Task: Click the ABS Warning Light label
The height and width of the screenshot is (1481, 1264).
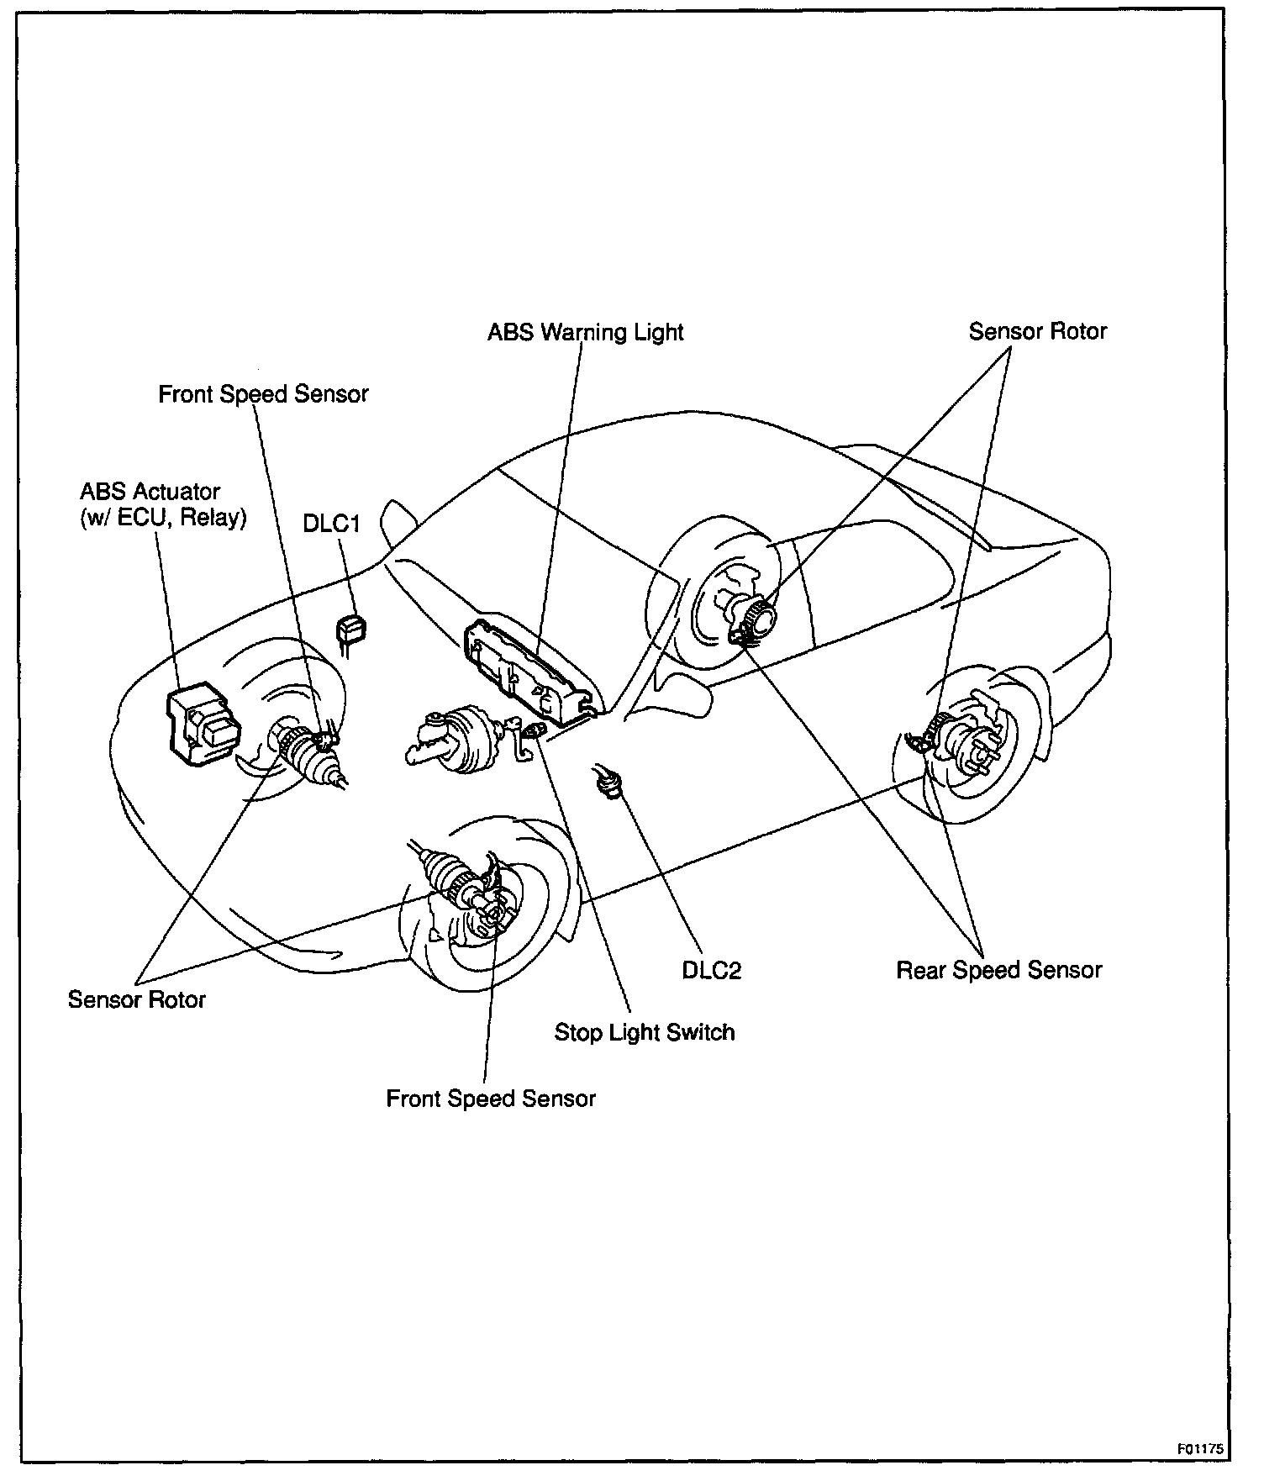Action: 586,333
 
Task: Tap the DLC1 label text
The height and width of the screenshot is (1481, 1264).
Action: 331,524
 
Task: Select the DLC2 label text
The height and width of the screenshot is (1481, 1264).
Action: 711,971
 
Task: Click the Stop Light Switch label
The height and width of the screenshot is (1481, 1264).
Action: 644,1032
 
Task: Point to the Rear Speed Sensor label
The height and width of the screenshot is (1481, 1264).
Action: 998,971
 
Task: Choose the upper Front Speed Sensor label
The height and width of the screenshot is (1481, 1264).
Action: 263,394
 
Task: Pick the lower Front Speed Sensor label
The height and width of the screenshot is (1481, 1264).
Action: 490,1099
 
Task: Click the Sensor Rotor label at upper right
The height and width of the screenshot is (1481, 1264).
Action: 1037,332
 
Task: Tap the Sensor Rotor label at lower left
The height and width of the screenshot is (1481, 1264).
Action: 136,999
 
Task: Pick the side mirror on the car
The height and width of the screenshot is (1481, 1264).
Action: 395,523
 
